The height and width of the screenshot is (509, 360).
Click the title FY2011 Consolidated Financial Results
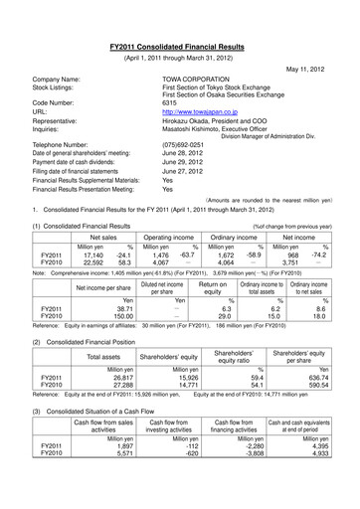tap(179, 34)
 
